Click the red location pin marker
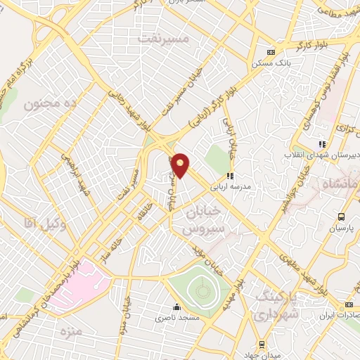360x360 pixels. pos(181,165)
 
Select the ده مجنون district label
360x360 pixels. pos(49,105)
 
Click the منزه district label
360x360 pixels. pos(71,329)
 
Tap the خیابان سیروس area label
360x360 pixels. pos(202,219)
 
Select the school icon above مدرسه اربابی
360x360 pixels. pos(229,176)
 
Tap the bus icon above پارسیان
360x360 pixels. pos(341,217)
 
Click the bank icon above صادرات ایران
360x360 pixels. pos(349,304)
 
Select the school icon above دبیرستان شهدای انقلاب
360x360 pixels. pos(322,144)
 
